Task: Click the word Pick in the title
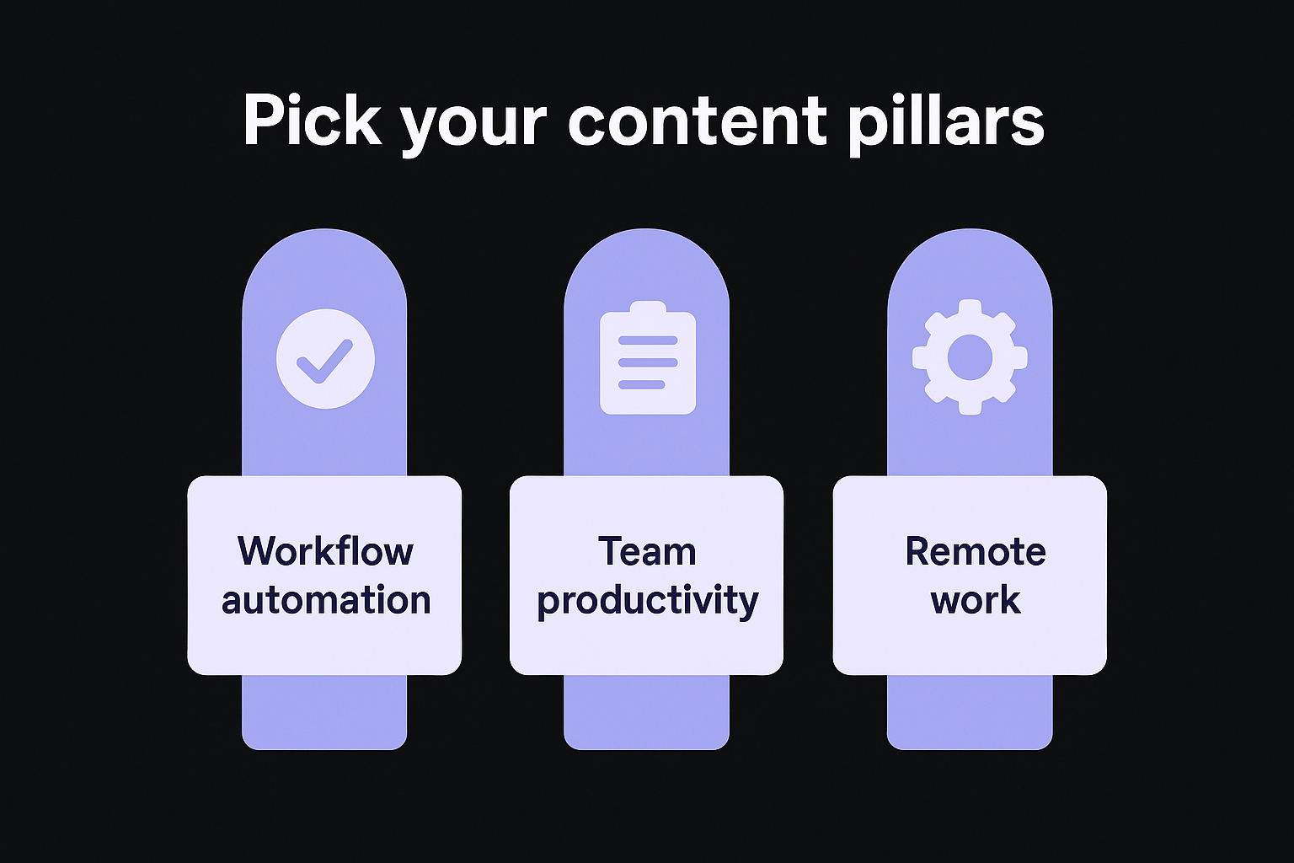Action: click(312, 121)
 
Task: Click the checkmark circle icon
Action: click(325, 358)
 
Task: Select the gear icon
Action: click(970, 356)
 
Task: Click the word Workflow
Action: click(325, 551)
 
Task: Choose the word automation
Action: click(325, 600)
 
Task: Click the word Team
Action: click(647, 551)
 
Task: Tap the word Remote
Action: click(976, 551)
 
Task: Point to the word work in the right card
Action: click(976, 600)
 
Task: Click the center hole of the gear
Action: click(970, 356)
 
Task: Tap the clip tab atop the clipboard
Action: click(647, 310)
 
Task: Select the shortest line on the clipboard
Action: click(641, 384)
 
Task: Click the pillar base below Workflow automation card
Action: click(324, 711)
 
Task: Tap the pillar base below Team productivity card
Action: click(646, 711)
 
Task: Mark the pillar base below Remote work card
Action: click(970, 711)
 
